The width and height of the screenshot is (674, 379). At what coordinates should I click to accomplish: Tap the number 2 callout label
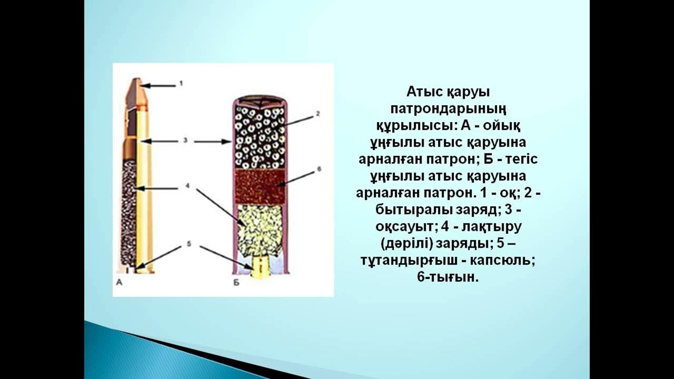click(x=318, y=113)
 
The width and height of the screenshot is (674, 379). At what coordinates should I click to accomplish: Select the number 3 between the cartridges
click(x=185, y=141)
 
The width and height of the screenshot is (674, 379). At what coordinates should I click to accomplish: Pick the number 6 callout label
click(x=318, y=169)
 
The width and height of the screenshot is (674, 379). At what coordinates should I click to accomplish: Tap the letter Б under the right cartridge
click(x=236, y=283)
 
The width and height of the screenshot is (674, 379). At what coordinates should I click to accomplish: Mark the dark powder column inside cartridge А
click(x=128, y=211)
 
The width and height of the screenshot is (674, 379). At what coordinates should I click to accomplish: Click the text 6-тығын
click(x=448, y=276)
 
